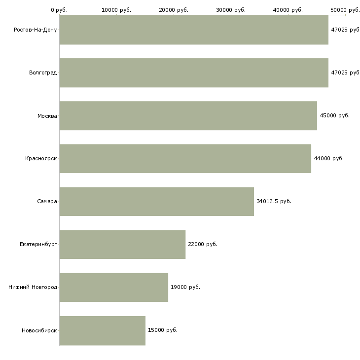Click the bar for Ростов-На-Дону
[x=194, y=30]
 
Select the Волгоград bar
[x=194, y=72]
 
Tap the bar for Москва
[x=188, y=115]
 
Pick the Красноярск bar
[x=185, y=158]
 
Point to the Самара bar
[x=157, y=201]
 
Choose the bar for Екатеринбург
[x=122, y=244]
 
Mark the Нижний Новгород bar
[x=113, y=287]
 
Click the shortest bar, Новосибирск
[x=103, y=330]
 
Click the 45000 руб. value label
[x=334, y=115]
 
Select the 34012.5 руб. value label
[x=274, y=201]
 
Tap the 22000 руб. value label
[x=203, y=244]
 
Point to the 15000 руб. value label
[x=163, y=330]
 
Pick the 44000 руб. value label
[x=328, y=158]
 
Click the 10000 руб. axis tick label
[x=116, y=10]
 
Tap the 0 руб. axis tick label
[x=59, y=10]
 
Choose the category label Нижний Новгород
[x=33, y=287]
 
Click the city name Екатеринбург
[x=38, y=244]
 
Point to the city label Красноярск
[x=41, y=159]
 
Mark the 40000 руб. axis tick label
[x=288, y=10]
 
